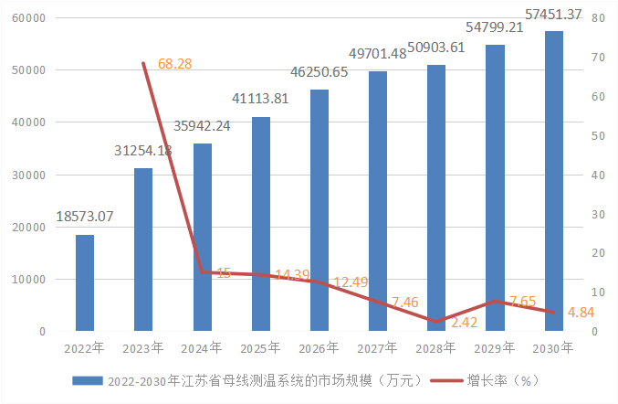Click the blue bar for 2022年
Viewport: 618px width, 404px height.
pyautogui.click(x=85, y=282)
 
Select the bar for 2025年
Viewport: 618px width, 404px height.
pyautogui.click(x=261, y=224)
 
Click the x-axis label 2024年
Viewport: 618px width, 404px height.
pyautogui.click(x=203, y=347)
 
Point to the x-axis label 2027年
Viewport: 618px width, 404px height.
pyautogui.click(x=378, y=347)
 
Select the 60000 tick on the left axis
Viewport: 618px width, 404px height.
pyautogui.click(x=29, y=18)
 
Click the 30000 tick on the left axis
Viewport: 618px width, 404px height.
pyautogui.click(x=29, y=175)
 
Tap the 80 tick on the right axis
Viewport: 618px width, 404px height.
pyautogui.click(x=596, y=18)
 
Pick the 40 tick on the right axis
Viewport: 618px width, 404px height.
pyautogui.click(x=596, y=175)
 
